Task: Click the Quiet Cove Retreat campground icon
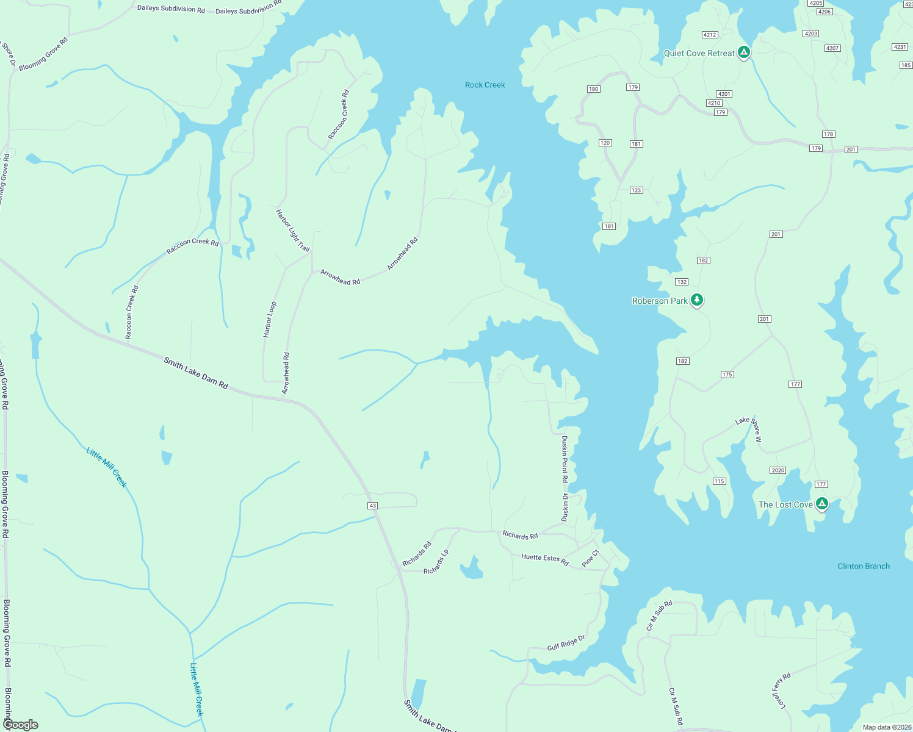pyautogui.click(x=743, y=52)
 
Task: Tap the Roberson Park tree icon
pyautogui.click(x=697, y=300)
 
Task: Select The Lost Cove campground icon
pyautogui.click(x=822, y=504)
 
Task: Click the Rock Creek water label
pyautogui.click(x=485, y=85)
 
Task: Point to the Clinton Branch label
pyautogui.click(x=864, y=566)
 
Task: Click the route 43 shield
pyautogui.click(x=373, y=506)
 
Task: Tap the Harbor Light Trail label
pyautogui.click(x=292, y=231)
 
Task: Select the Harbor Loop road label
pyautogui.click(x=270, y=319)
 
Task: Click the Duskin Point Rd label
pyautogui.click(x=565, y=459)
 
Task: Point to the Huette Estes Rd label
pyautogui.click(x=544, y=559)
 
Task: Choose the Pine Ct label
pyautogui.click(x=590, y=558)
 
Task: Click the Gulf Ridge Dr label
pyautogui.click(x=566, y=642)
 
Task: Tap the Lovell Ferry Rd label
pyautogui.click(x=781, y=691)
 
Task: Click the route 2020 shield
pyautogui.click(x=778, y=470)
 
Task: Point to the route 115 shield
pyautogui.click(x=720, y=481)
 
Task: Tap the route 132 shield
pyautogui.click(x=682, y=282)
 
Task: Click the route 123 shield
pyautogui.click(x=637, y=190)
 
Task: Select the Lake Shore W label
pyautogui.click(x=749, y=429)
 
